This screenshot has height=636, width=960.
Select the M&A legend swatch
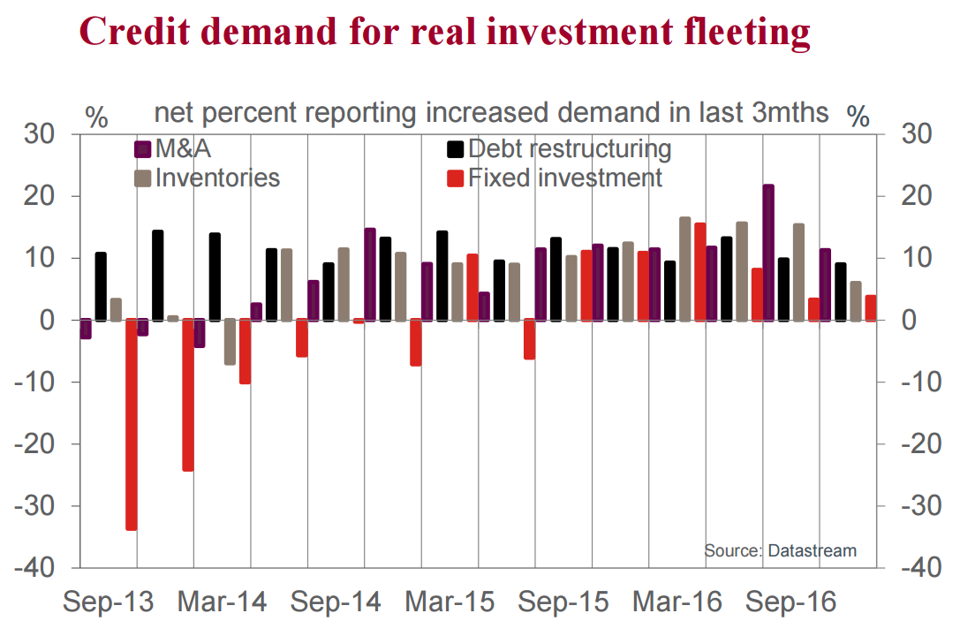(141, 148)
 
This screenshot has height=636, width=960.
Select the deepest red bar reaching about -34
(131, 424)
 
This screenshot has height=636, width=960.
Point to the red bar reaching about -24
(188, 394)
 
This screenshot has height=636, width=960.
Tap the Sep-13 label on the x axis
(108, 602)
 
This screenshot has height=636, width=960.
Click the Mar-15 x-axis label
(450, 602)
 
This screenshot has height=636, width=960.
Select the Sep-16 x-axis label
(791, 602)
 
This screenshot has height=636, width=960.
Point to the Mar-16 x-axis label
(677, 602)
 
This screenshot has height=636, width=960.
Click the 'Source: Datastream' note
(780, 550)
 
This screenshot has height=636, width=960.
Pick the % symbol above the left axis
(96, 116)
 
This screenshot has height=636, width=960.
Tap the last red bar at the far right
(870, 307)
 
